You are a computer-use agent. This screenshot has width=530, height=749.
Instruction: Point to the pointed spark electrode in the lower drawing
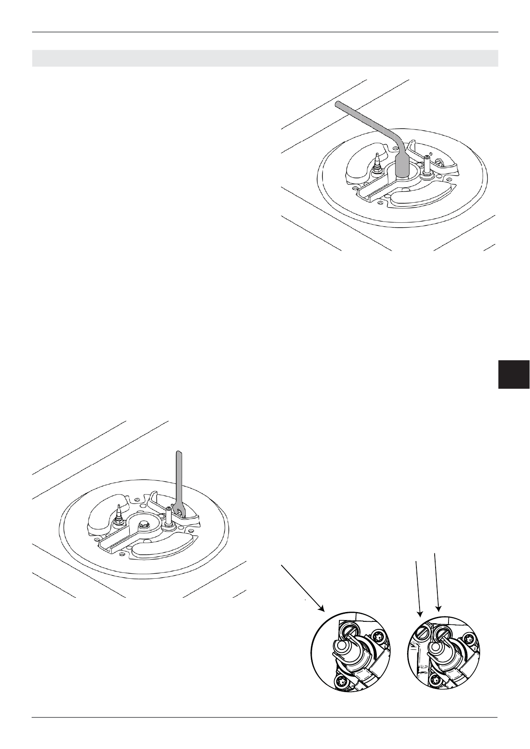point(119,512)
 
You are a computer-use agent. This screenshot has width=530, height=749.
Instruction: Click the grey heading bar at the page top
point(265,58)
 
